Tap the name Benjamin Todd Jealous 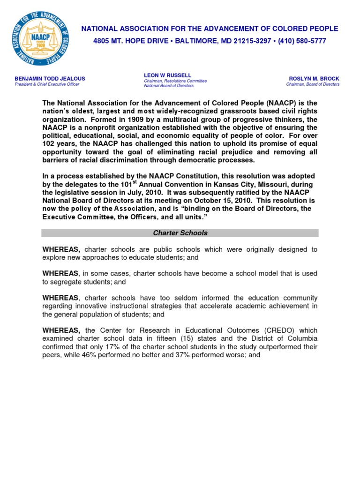[x=50, y=78]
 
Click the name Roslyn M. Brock [x=314, y=78]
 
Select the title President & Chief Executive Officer [x=47, y=84]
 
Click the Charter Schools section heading [x=180, y=233]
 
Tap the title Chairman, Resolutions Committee [x=175, y=81]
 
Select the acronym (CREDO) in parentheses [x=265, y=330]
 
